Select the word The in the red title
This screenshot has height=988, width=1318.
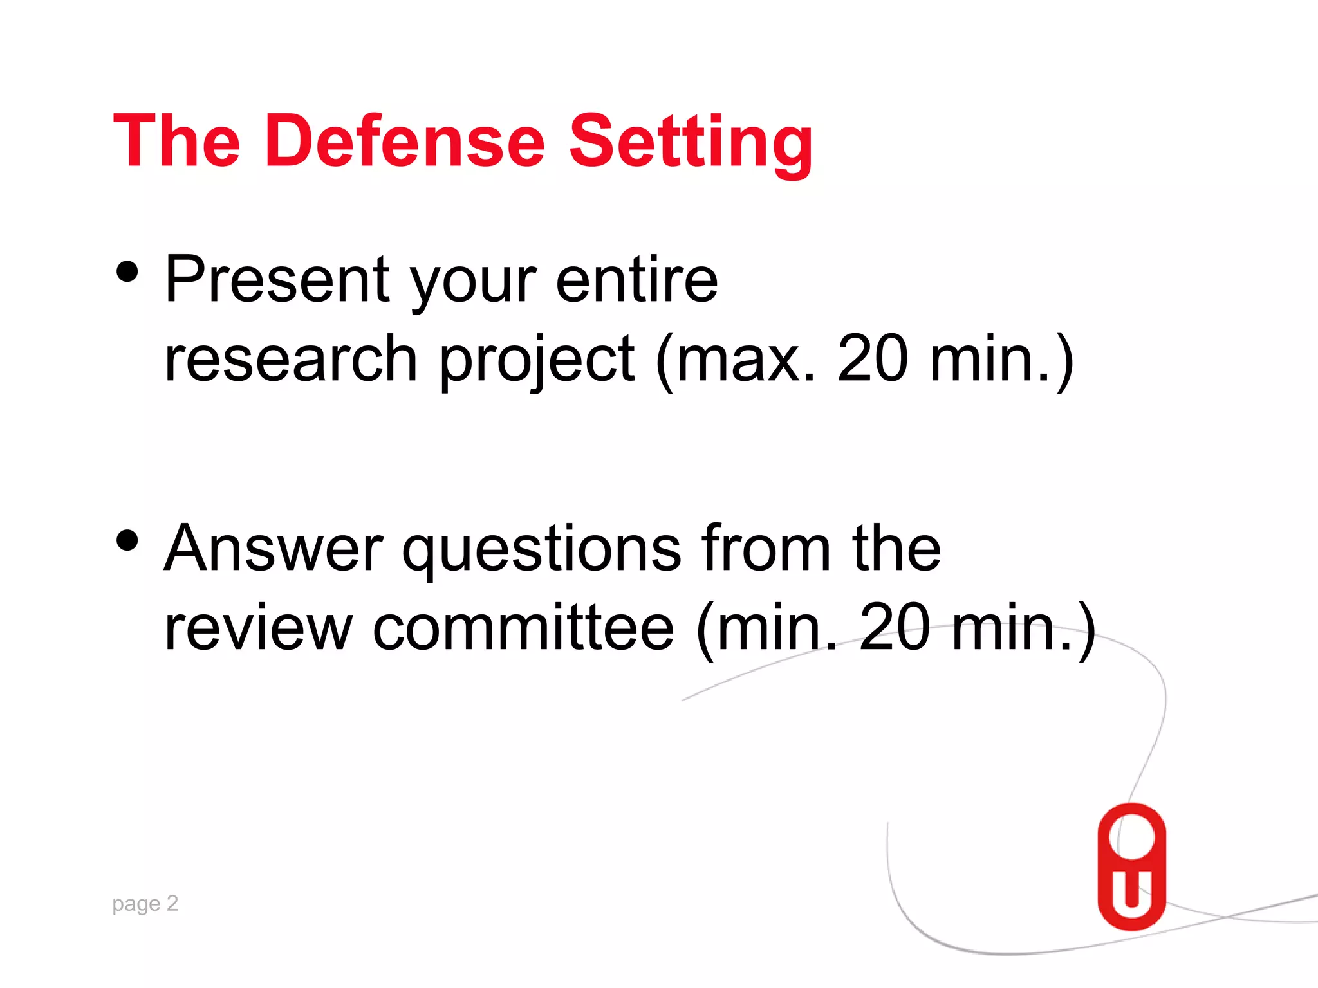pyautogui.click(x=176, y=141)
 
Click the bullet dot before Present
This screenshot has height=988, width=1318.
pyautogui.click(x=128, y=271)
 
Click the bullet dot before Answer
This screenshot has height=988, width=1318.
pyautogui.click(x=128, y=540)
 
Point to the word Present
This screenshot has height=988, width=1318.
pyautogui.click(x=277, y=279)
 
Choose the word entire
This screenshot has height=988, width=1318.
pyautogui.click(x=636, y=279)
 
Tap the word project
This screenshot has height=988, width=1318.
pyautogui.click(x=537, y=360)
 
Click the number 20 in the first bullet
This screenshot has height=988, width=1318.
pyautogui.click(x=873, y=359)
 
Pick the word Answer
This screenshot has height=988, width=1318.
pyautogui.click(x=274, y=548)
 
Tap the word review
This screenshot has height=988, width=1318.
pyautogui.click(x=258, y=628)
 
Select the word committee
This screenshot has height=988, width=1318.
pyautogui.click(x=523, y=628)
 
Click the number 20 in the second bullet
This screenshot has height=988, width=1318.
pyautogui.click(x=895, y=628)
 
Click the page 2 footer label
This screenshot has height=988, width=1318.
pyautogui.click(x=145, y=904)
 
